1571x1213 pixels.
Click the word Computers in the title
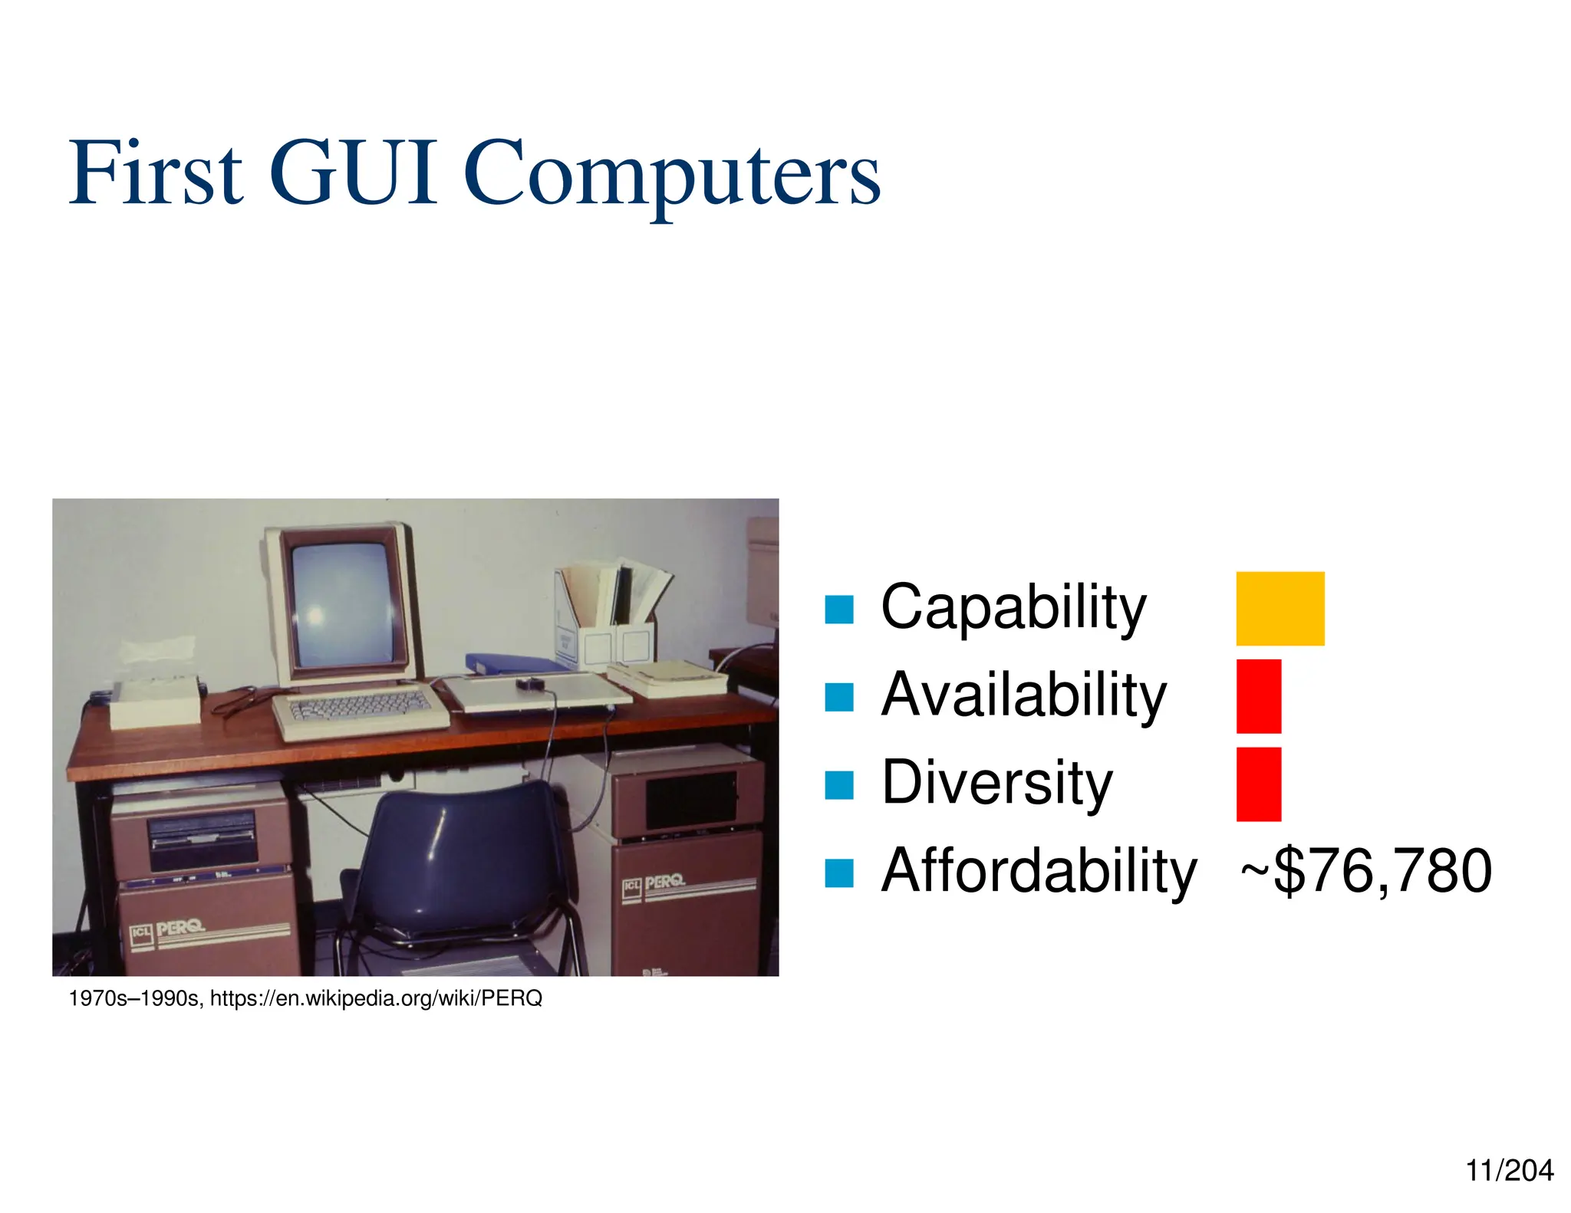pyautogui.click(x=671, y=176)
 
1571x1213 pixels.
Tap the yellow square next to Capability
pyautogui.click(x=1280, y=608)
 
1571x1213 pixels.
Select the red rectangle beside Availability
pyautogui.click(x=1258, y=695)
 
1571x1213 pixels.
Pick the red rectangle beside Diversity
pyautogui.click(x=1258, y=784)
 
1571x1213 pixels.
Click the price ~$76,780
pyautogui.click(x=1365, y=871)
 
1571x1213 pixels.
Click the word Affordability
pyautogui.click(x=1039, y=871)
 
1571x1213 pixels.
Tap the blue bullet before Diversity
pyautogui.click(x=838, y=785)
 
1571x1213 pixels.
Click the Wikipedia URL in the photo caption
pyautogui.click(x=376, y=998)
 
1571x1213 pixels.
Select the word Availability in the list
pyautogui.click(x=1023, y=695)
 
